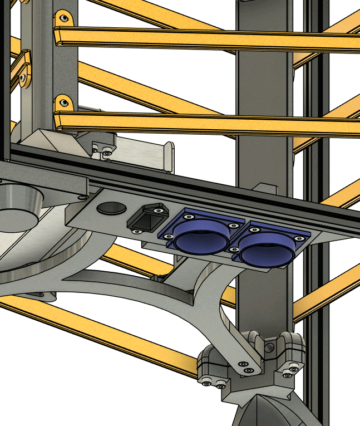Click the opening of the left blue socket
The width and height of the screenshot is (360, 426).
pyautogui.click(x=202, y=238)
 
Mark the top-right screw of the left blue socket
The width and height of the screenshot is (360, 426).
pyautogui.click(x=233, y=226)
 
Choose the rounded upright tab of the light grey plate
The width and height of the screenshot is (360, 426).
pyautogui.click(x=167, y=155)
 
